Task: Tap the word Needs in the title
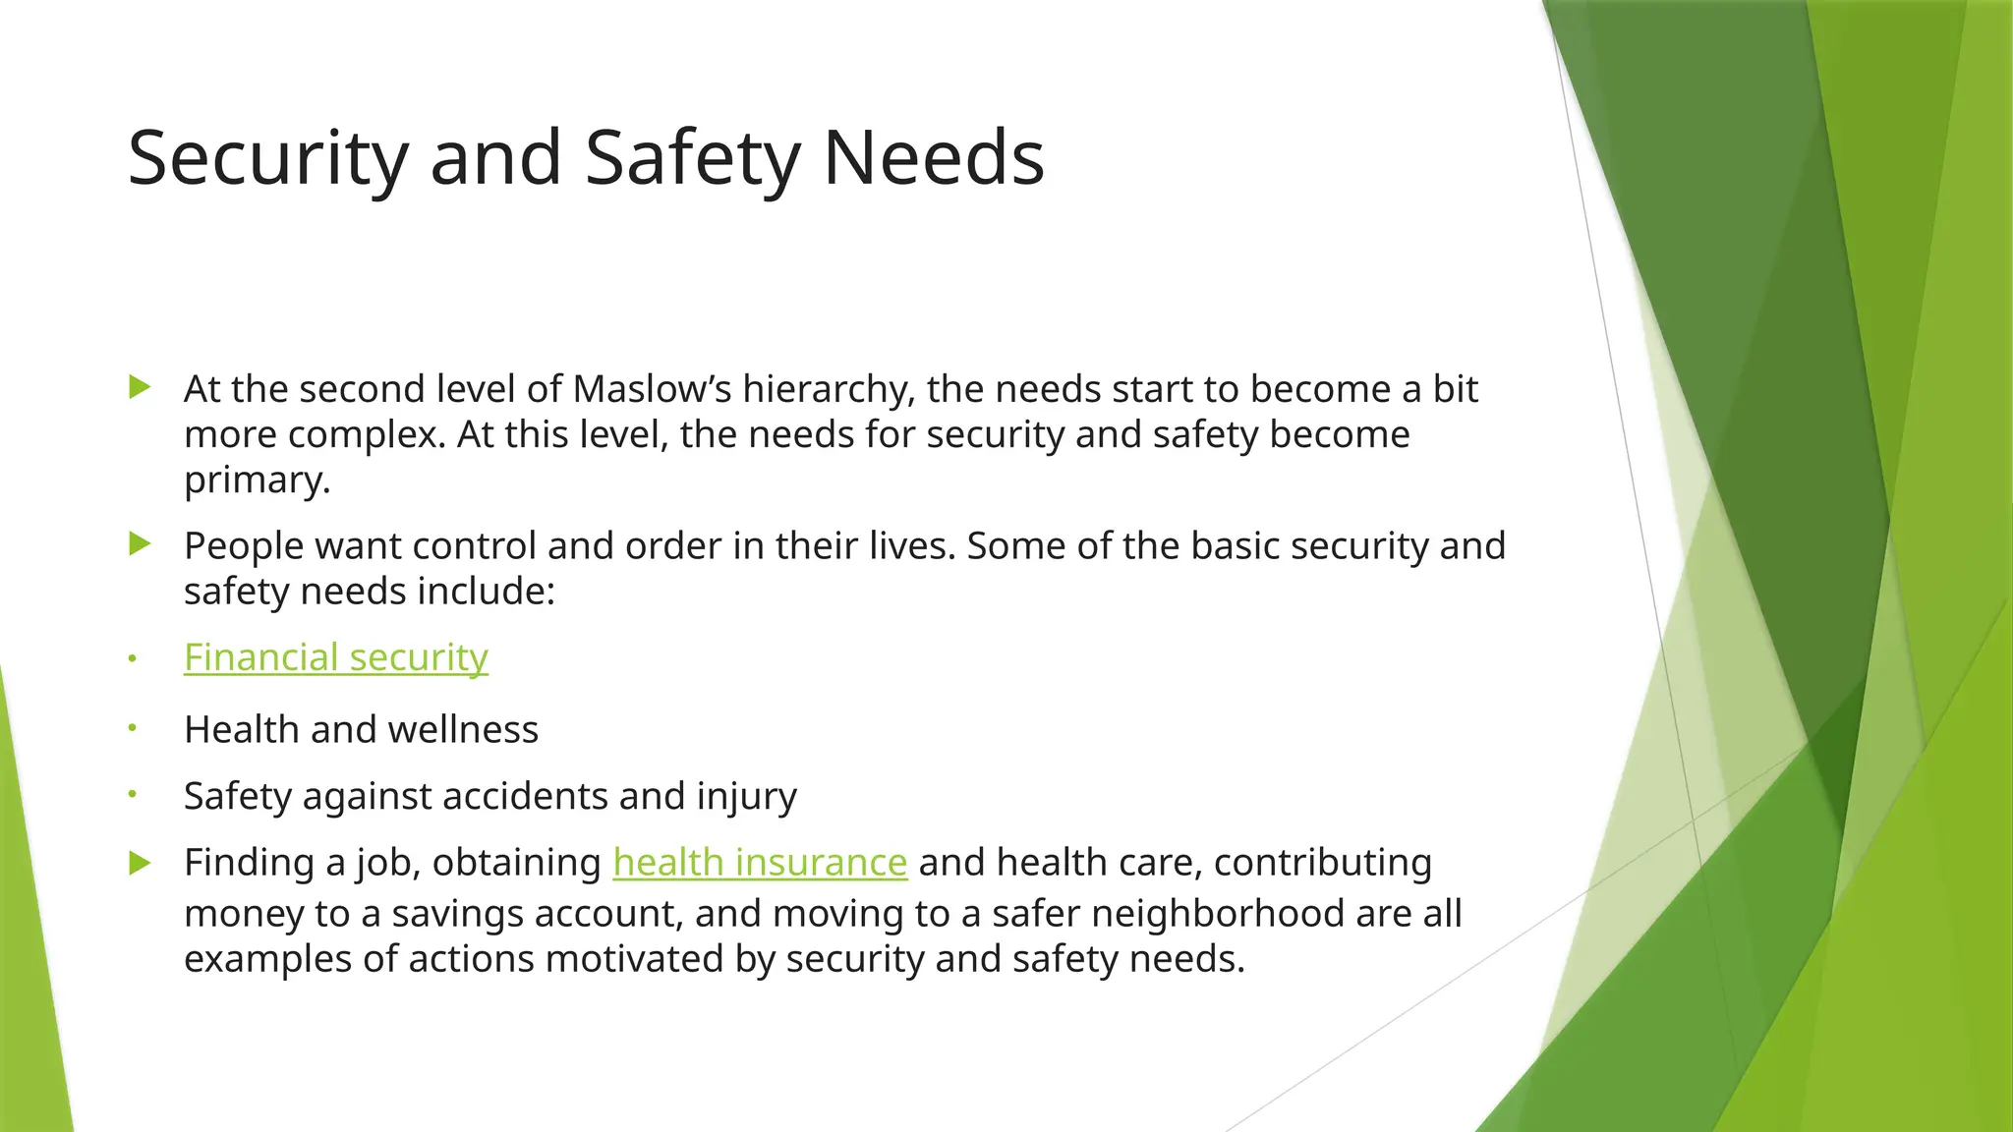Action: pos(933,159)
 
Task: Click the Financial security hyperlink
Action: pos(335,657)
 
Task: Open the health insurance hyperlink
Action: pos(759,863)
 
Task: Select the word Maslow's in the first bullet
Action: pos(652,389)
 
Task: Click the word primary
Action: pos(257,481)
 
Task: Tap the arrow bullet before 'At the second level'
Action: pos(140,387)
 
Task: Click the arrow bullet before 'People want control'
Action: pos(140,543)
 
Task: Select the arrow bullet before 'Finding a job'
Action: pos(140,864)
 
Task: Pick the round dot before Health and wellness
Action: pos(132,728)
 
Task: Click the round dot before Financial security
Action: pos(132,658)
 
